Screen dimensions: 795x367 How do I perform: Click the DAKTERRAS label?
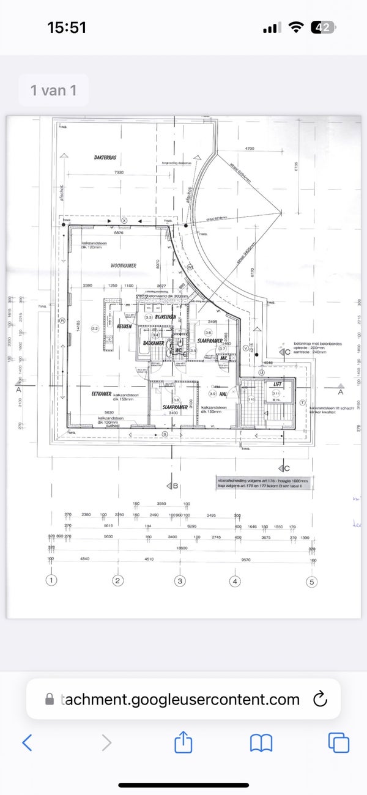[x=105, y=157]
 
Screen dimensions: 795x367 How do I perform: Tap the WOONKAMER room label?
[x=123, y=266]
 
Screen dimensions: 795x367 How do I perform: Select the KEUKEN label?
[x=125, y=327]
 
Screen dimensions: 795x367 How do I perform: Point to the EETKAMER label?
[x=101, y=394]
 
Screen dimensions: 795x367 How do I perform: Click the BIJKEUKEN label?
[x=166, y=317]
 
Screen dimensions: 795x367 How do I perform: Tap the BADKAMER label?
[x=154, y=343]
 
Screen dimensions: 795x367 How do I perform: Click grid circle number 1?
[x=53, y=580]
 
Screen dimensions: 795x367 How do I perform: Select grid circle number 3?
[x=179, y=580]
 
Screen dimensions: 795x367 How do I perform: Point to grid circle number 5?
[x=311, y=582]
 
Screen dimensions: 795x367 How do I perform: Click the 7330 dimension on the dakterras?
[x=119, y=173]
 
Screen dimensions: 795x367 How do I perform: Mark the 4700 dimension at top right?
[x=250, y=149]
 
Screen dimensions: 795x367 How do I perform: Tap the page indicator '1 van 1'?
[x=53, y=91]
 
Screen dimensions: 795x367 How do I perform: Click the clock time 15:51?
[x=67, y=28]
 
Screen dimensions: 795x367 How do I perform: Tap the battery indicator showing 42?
[x=322, y=28]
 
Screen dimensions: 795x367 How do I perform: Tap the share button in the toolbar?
[x=183, y=742]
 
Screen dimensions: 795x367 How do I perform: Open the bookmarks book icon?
[x=261, y=742]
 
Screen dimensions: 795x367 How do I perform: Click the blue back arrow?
[x=27, y=742]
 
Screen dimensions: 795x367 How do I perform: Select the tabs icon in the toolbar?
[x=338, y=742]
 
